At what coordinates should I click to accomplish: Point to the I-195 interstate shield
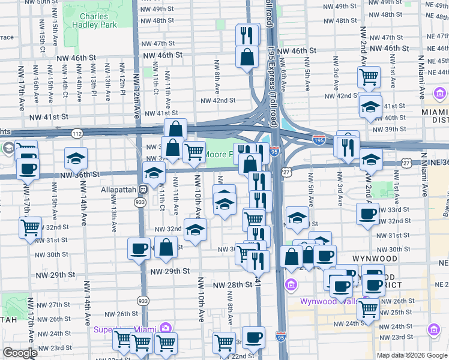tap(319, 139)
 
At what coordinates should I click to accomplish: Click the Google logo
tap(20, 353)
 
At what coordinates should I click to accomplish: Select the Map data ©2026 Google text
tap(412, 355)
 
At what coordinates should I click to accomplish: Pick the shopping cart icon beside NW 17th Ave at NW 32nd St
tap(30, 227)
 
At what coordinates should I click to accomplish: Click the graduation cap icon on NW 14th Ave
tap(76, 158)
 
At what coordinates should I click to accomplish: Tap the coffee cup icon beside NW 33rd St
tap(367, 214)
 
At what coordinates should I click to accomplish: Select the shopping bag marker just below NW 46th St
tap(247, 58)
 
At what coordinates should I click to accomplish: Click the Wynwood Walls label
tap(324, 301)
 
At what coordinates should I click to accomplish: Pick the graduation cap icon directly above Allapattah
tap(154, 174)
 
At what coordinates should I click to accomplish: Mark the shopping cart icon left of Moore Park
tap(193, 152)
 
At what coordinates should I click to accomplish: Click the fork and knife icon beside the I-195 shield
tap(348, 146)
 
